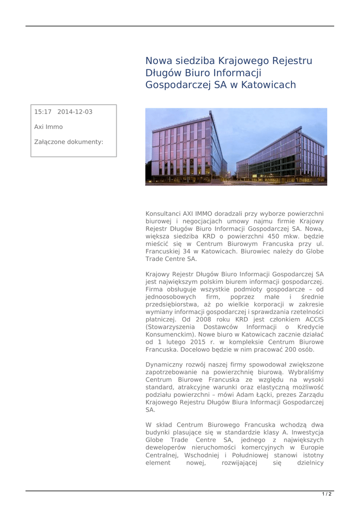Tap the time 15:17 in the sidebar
[x=42, y=112]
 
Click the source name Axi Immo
[x=45, y=127]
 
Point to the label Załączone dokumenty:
[x=69, y=142]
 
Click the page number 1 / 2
[x=327, y=494]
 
